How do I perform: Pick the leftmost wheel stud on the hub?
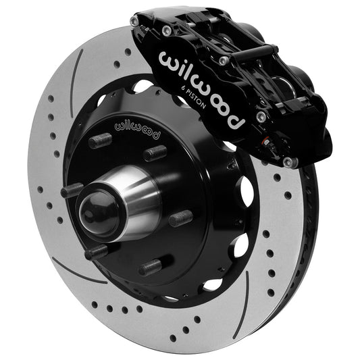[x=72, y=191]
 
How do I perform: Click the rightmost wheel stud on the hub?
[x=180, y=218]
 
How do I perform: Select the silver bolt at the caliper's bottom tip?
[x=289, y=162]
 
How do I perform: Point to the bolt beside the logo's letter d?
[x=261, y=117]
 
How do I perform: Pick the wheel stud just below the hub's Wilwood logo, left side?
[x=99, y=141]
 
